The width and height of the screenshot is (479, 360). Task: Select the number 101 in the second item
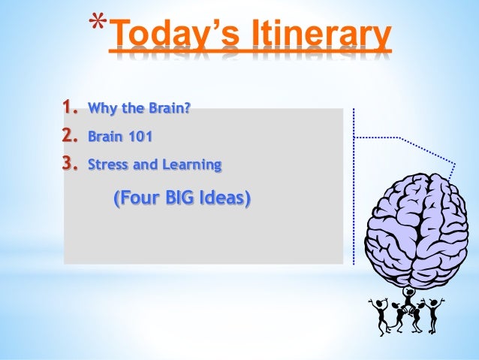pos(140,138)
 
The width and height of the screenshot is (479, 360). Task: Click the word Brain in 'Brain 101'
pos(104,138)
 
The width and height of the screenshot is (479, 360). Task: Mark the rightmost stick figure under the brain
pos(433,313)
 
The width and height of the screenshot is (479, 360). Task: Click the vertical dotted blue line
pos(353,188)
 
